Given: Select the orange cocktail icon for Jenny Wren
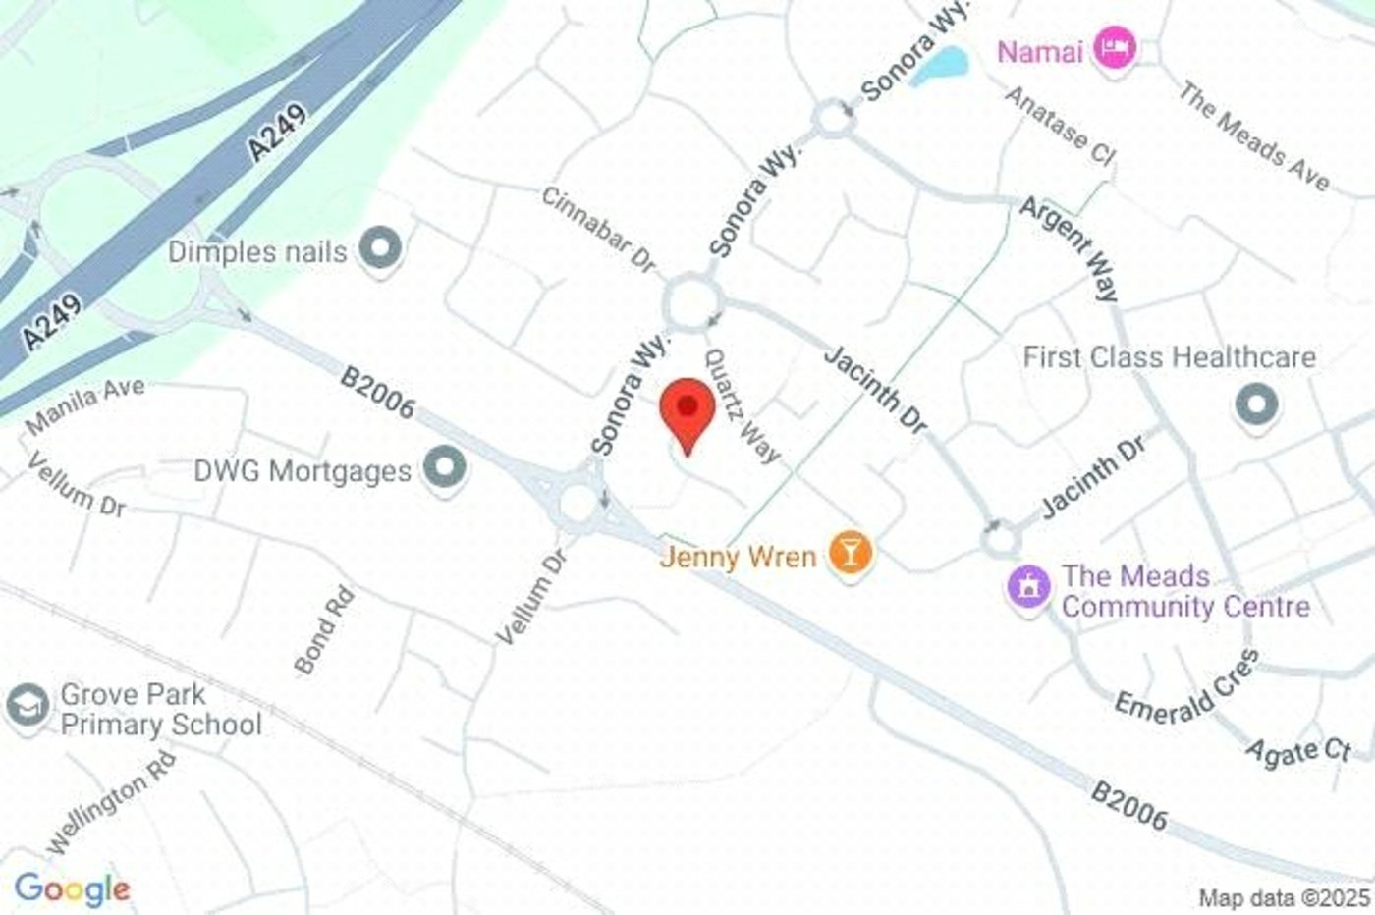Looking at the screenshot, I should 850,553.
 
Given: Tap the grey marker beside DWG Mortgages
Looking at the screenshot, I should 445,467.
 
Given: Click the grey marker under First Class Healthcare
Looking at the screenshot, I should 1256,404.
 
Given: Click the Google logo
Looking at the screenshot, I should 72,889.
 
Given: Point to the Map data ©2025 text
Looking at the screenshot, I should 1283,897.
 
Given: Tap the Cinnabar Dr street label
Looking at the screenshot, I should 598,230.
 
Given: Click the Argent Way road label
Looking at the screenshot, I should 1070,249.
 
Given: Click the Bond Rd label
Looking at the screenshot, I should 324,631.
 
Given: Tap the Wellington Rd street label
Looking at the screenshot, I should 111,801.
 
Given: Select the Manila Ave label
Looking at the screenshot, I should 85,404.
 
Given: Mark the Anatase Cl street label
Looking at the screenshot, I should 1061,125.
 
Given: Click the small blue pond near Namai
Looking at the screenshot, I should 940,67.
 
